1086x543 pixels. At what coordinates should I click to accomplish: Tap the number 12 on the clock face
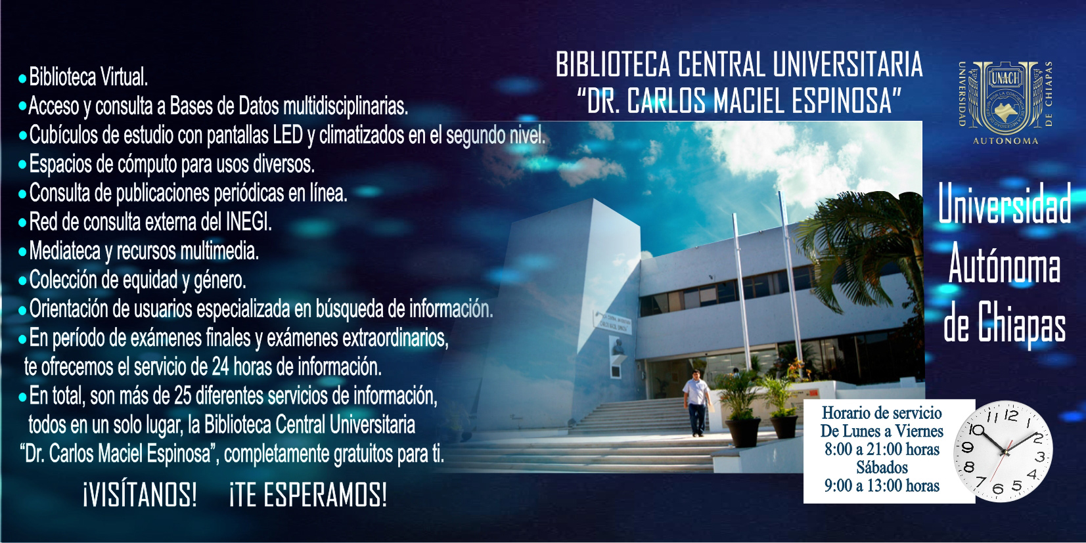[x=1010, y=415]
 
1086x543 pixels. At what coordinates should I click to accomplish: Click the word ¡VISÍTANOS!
[x=140, y=495]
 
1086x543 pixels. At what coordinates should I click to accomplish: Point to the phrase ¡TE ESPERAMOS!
[x=308, y=495]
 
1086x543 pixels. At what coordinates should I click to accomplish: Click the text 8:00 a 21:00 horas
[x=882, y=449]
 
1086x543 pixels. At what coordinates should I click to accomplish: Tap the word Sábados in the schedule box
[x=882, y=467]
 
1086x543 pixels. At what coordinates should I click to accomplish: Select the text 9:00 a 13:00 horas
[x=882, y=485]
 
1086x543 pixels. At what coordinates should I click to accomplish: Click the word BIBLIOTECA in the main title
[x=613, y=64]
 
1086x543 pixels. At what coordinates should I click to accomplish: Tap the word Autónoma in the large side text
[x=1004, y=263]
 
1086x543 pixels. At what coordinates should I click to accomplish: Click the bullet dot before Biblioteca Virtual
[x=22, y=79]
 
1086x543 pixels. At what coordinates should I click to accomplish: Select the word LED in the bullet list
[x=288, y=135]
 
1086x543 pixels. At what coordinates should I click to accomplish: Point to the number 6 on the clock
[x=998, y=489]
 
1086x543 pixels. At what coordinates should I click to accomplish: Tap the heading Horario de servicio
[x=882, y=413]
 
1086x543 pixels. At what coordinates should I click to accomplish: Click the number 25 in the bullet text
[x=183, y=396]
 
